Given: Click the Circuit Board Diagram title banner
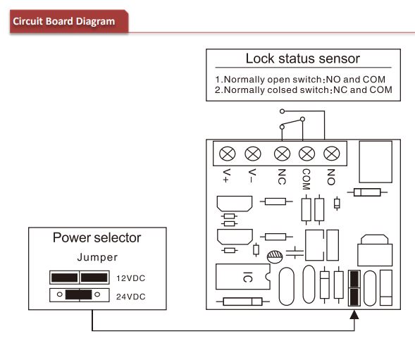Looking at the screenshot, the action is coord(69,21).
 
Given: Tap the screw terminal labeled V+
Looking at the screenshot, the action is coord(228,154).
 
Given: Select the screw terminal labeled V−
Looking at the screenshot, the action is coord(253,154).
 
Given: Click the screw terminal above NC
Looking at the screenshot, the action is coord(282,154).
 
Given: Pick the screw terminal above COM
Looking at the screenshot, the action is coord(306,154).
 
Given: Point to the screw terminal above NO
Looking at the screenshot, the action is coord(332,154).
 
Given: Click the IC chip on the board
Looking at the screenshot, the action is coord(243,276).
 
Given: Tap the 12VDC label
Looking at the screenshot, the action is coord(131,278).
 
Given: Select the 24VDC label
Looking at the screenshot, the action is coord(131,297).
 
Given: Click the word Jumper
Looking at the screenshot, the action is coord(97,257).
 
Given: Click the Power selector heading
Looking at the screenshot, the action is coord(97,237).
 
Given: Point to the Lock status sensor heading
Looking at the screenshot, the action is coord(303,58).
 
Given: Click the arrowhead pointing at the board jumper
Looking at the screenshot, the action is coord(354,315).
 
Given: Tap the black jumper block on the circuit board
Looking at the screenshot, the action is coord(354,288).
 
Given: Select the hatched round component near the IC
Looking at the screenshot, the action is coord(275,256).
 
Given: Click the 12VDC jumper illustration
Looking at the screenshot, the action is coord(80,278).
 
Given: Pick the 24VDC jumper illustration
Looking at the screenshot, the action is coord(80,295).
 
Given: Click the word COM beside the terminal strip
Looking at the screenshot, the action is coord(306,179).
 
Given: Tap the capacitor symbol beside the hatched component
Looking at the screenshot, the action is coord(295,252).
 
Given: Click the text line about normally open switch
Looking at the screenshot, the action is coord(300,80).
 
